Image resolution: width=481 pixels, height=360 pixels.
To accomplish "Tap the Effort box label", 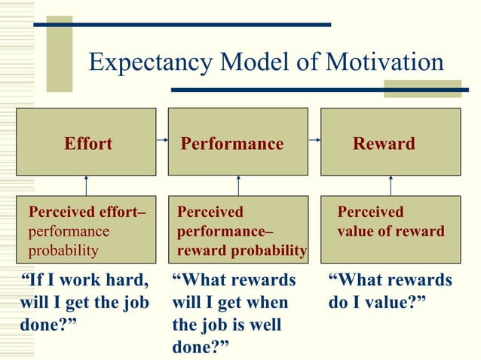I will (x=88, y=143).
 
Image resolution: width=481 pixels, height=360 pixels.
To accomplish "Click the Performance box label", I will (x=232, y=143).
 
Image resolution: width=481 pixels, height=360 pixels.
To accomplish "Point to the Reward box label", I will (x=384, y=143).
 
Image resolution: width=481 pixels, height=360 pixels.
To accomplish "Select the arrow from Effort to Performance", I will (x=161, y=140).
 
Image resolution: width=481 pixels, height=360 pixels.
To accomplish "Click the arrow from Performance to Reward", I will (x=314, y=140).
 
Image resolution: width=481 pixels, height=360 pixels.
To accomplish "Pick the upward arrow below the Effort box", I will (x=87, y=185).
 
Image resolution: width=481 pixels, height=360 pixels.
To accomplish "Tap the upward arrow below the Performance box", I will (x=238, y=185).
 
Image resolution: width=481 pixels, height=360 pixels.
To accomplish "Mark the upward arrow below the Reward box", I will (x=391, y=185).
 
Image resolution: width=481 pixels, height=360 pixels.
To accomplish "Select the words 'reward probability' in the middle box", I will (x=242, y=249).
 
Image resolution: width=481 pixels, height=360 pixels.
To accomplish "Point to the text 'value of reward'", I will (x=391, y=231).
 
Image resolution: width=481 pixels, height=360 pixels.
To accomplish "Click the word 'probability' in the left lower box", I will (x=63, y=249).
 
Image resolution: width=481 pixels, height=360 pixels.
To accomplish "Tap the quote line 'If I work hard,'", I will (x=83, y=281).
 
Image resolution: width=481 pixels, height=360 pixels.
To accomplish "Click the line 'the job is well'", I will (x=226, y=325).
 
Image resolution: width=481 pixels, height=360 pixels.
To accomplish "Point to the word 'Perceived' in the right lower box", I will (x=370, y=212).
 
